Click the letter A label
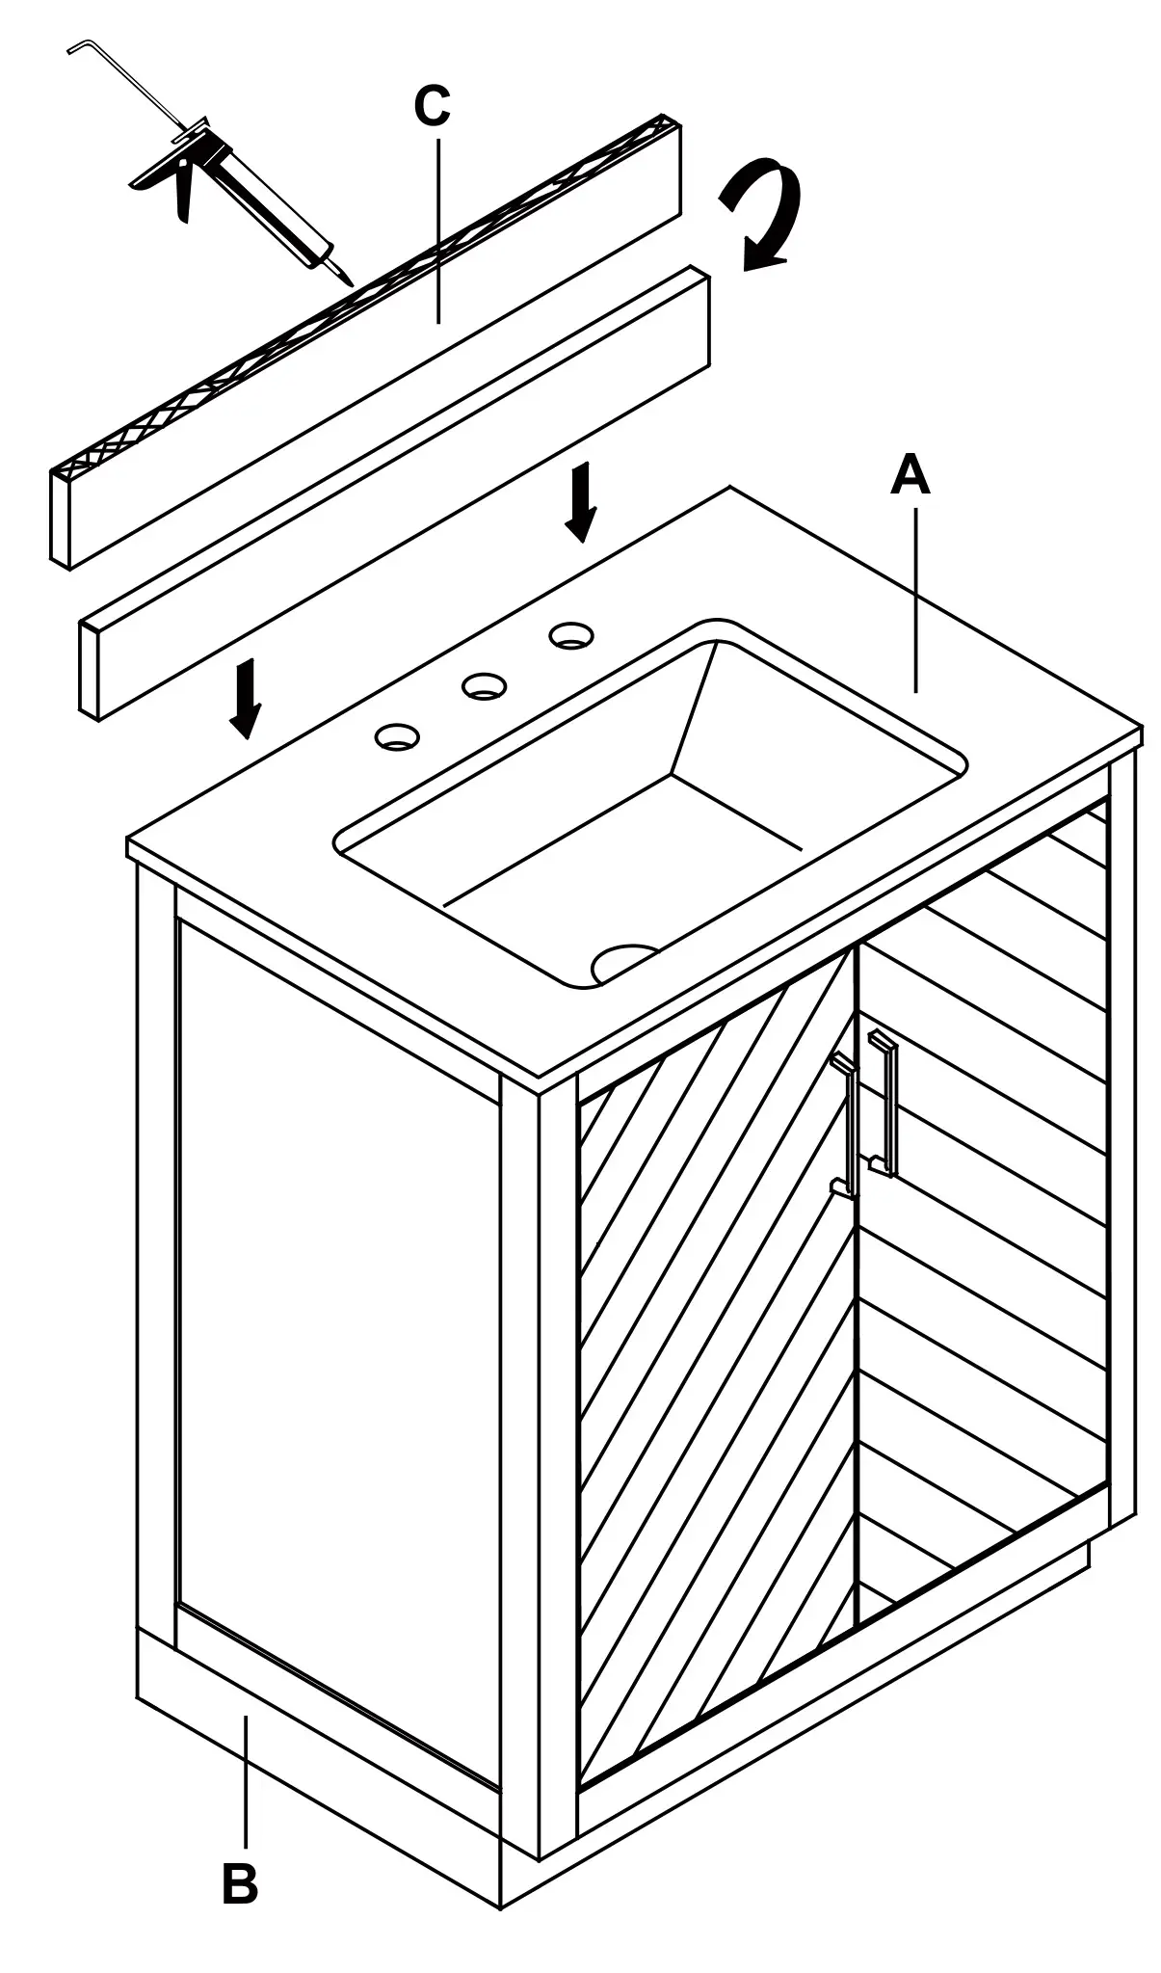(910, 475)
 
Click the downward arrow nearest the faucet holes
(579, 501)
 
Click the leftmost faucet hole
(397, 737)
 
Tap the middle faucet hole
(485, 686)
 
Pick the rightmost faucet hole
(571, 635)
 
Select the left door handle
(845, 1125)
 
